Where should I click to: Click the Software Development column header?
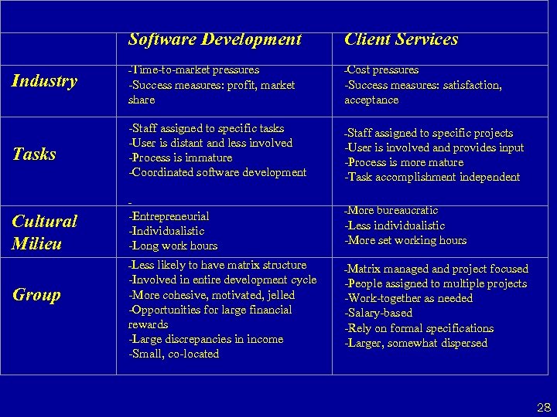tap(215, 39)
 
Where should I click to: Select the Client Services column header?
tap(401, 39)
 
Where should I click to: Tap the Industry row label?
tap(45, 81)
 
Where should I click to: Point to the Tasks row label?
tap(35, 154)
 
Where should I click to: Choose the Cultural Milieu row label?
tap(45, 232)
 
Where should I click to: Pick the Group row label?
tap(36, 294)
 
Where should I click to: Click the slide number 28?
tap(544, 406)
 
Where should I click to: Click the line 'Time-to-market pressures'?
tap(195, 70)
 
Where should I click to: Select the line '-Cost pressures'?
tap(381, 70)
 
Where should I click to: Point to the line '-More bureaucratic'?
tap(391, 210)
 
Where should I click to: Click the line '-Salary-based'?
tap(378, 314)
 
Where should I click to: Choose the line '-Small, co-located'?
tap(174, 354)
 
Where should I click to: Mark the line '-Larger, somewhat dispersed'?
tap(415, 343)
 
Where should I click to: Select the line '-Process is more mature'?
tap(404, 162)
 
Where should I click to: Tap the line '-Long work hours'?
tap(173, 246)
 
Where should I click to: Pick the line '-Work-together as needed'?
tap(408, 299)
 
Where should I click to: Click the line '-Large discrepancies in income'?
tap(206, 339)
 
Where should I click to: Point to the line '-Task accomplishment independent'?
tap(432, 177)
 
